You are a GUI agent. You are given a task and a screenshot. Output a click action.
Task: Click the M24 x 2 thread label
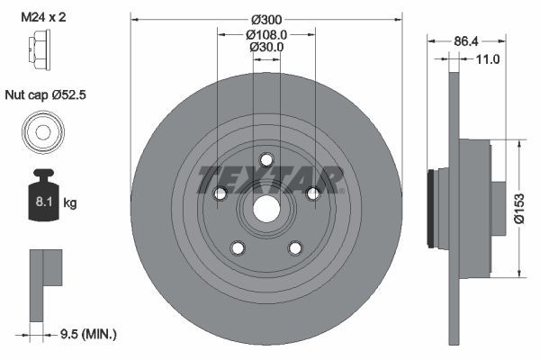(43, 17)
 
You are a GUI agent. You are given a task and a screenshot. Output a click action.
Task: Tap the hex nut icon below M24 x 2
(40, 49)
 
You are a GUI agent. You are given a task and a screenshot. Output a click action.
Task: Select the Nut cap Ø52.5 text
(46, 94)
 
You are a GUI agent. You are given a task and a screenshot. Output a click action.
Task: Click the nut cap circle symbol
(43, 131)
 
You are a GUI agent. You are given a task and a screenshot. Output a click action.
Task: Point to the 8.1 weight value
(44, 202)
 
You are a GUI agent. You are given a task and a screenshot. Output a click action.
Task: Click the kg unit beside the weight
(70, 202)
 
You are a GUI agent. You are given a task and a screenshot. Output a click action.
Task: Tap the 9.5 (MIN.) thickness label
(88, 334)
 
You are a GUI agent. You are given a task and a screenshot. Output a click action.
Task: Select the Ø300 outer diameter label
(266, 20)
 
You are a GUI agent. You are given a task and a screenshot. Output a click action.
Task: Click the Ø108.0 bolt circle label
(266, 34)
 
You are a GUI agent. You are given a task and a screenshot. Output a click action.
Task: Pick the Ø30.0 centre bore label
(266, 47)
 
